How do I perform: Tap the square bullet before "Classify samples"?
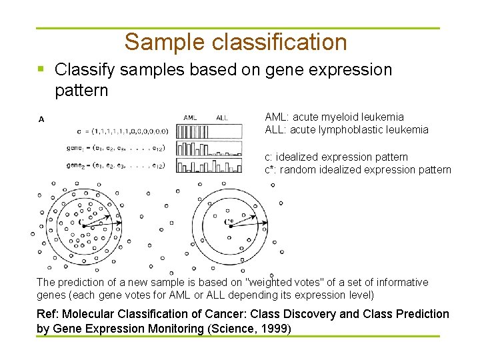(41, 69)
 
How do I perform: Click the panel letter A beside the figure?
(42, 120)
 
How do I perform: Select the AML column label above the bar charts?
(190, 118)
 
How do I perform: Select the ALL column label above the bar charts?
(222, 118)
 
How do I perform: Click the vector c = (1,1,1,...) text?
(124, 131)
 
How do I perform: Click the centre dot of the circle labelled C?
(84, 226)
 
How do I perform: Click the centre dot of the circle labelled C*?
(230, 227)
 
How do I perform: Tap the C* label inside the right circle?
(229, 221)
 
